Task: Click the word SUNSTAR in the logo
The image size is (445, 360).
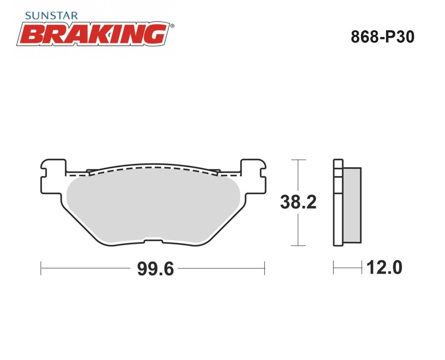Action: tap(51, 16)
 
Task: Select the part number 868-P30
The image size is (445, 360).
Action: tap(382, 37)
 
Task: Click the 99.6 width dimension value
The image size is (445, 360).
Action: tap(156, 269)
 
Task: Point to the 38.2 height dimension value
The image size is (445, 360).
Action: tap(298, 202)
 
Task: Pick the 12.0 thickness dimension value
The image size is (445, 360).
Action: tap(384, 267)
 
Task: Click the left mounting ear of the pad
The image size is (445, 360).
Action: tap(54, 176)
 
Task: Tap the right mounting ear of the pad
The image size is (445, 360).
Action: tap(253, 176)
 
